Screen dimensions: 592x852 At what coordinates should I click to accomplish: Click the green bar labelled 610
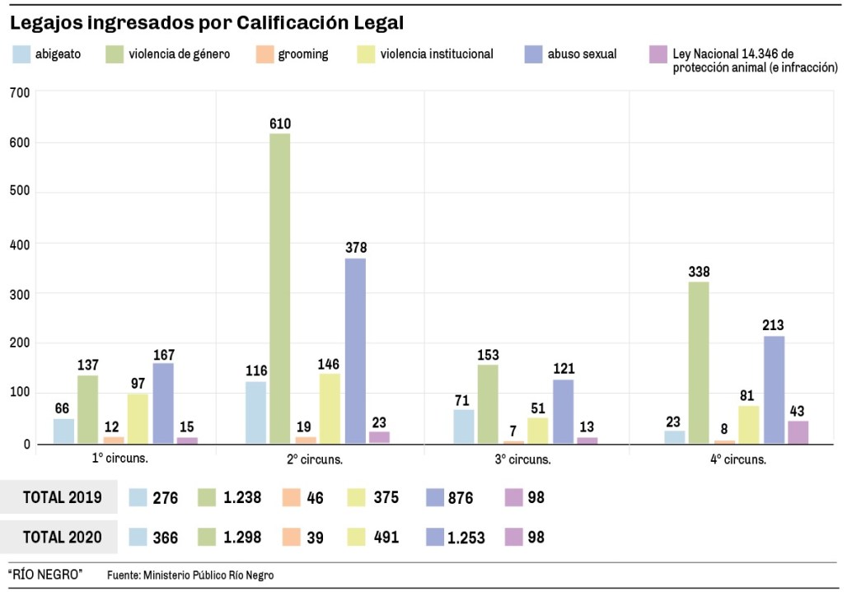[280, 288]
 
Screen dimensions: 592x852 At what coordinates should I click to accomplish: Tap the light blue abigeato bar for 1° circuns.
[63, 431]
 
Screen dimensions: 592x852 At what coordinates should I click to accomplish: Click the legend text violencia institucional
[437, 54]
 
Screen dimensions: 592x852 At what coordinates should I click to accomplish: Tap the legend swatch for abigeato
[21, 55]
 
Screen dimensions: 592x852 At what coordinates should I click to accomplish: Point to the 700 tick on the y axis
[19, 92]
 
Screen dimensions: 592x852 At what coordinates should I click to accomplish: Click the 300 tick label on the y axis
[19, 294]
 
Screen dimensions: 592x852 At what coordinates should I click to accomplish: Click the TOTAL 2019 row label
[63, 497]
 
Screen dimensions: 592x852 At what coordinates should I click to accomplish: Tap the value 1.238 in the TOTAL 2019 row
[242, 497]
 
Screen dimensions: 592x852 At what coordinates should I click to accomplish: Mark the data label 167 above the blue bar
[164, 356]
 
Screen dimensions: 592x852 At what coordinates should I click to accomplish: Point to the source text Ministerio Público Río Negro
[208, 576]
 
